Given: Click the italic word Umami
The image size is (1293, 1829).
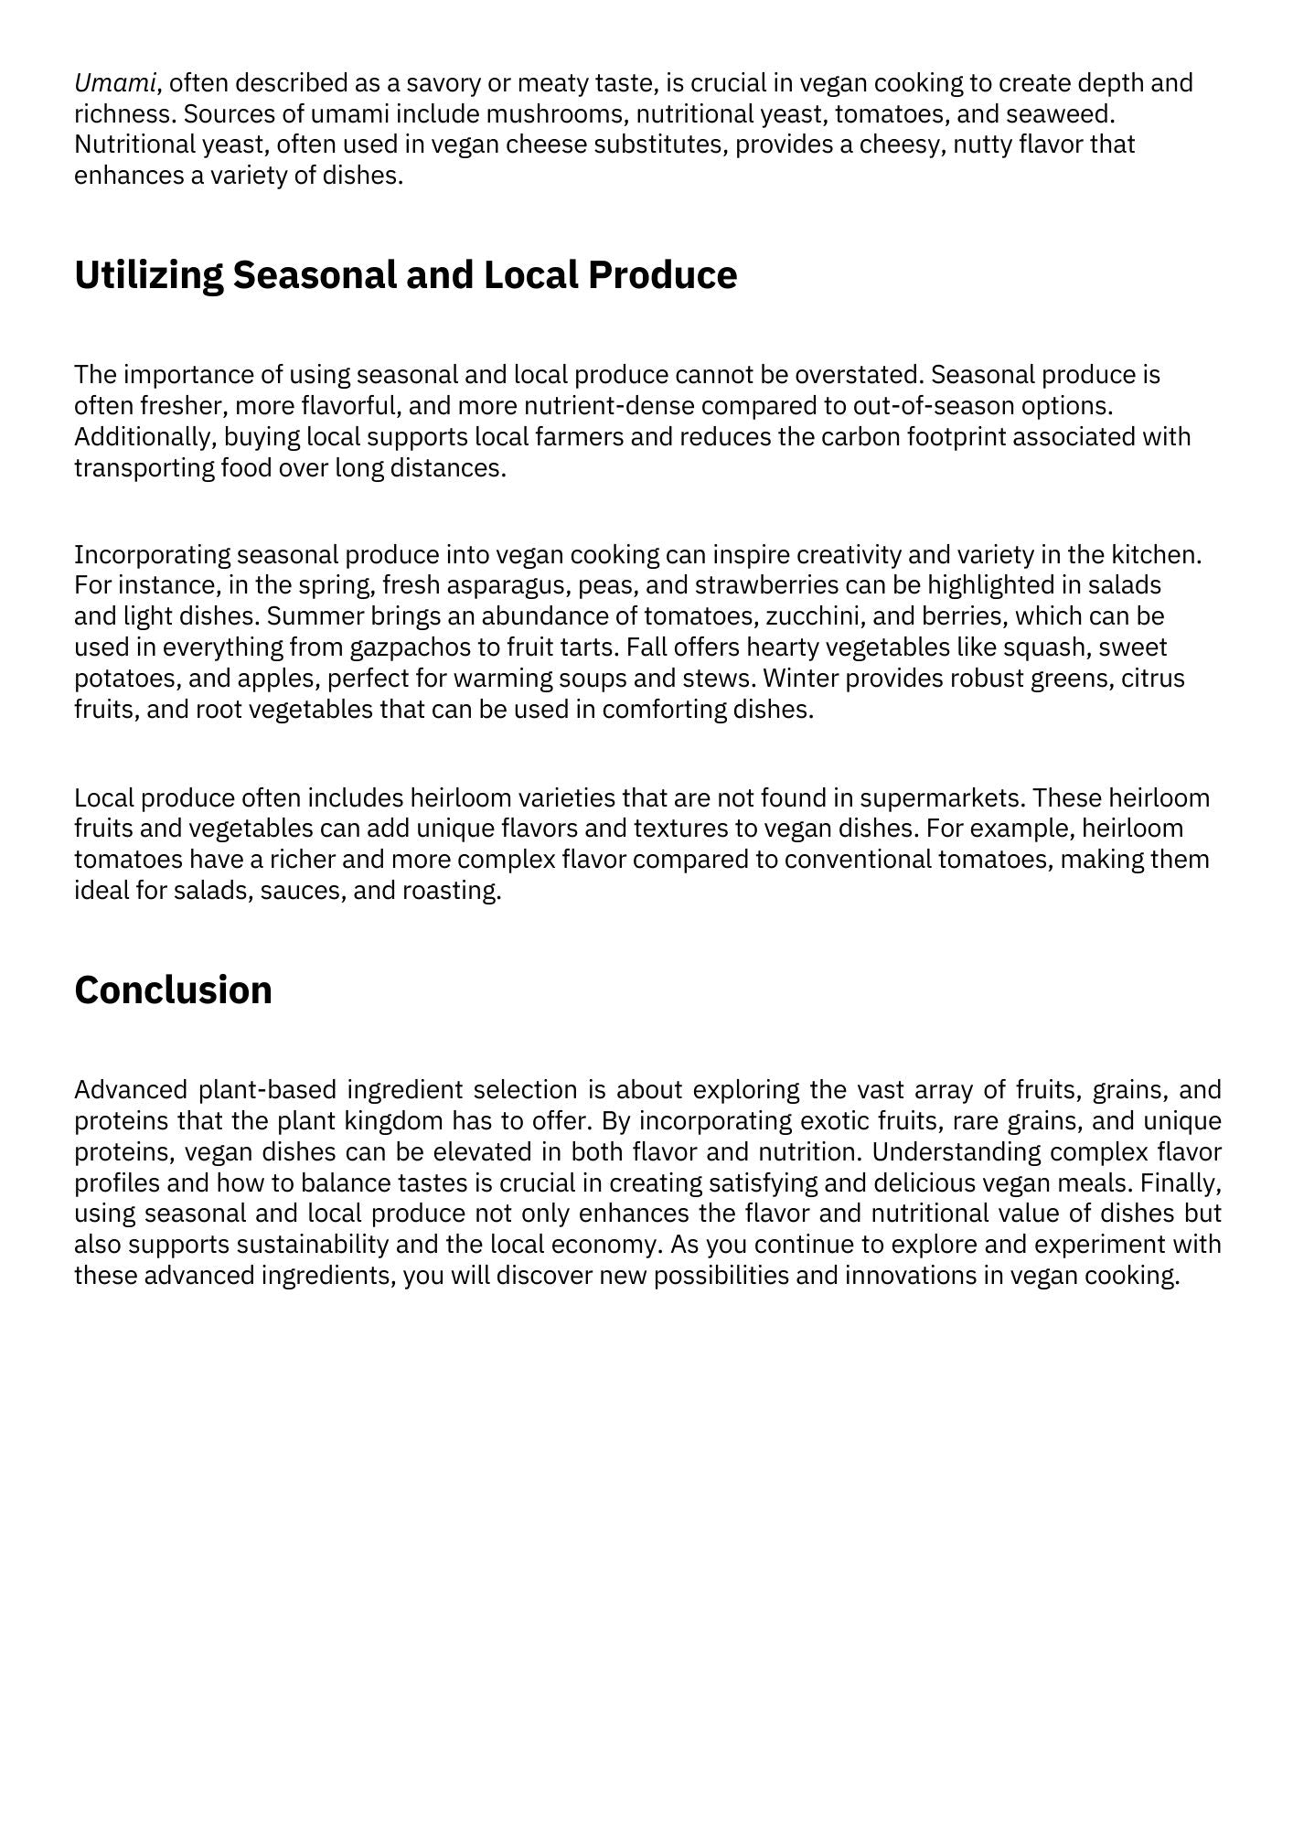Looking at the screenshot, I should click(x=115, y=83).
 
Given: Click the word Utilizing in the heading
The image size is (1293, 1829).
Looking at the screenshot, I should click(x=147, y=275).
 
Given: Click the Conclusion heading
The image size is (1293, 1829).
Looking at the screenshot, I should click(x=173, y=990).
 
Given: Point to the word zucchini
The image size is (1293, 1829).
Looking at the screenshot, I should click(x=809, y=616).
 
